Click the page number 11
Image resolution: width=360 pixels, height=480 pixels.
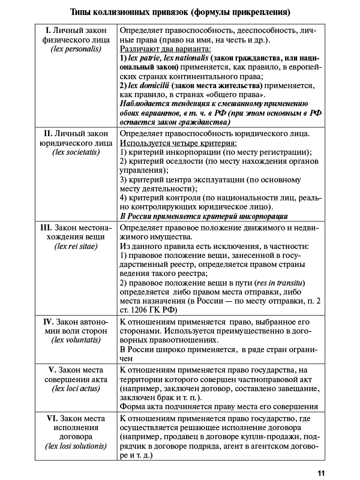click(x=322, y=472)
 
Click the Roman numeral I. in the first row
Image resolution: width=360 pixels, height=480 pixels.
click(x=49, y=31)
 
